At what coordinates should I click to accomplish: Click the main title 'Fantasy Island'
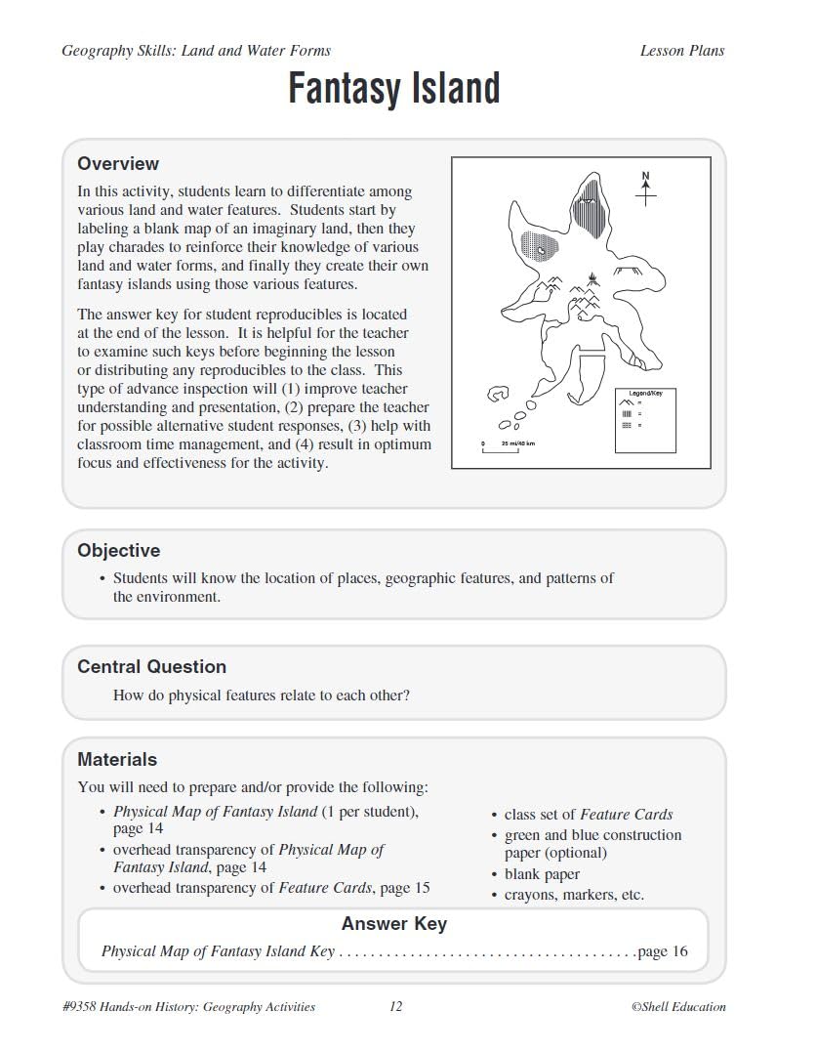pyautogui.click(x=393, y=89)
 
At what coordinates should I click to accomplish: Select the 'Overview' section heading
pyautogui.click(x=118, y=164)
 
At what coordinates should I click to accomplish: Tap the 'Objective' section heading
pyautogui.click(x=118, y=551)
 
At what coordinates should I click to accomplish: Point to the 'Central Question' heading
pyautogui.click(x=151, y=667)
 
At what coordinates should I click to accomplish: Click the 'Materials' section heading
pyautogui.click(x=117, y=760)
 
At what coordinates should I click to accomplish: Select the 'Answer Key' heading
pyautogui.click(x=393, y=924)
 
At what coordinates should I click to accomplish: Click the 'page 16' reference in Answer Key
pyautogui.click(x=662, y=951)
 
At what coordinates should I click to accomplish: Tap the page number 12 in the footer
pyautogui.click(x=395, y=1007)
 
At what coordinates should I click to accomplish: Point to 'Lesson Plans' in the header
pyautogui.click(x=681, y=51)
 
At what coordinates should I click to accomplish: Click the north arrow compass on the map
pyautogui.click(x=645, y=190)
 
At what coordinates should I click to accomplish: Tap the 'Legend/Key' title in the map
pyautogui.click(x=645, y=393)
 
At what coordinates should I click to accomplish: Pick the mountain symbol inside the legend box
pyautogui.click(x=628, y=403)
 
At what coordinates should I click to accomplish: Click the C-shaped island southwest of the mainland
pyautogui.click(x=498, y=395)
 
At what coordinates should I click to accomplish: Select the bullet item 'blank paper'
pyautogui.click(x=542, y=874)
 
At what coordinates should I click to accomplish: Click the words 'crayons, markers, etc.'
pyautogui.click(x=574, y=895)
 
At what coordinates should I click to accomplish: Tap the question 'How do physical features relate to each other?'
pyautogui.click(x=261, y=696)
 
